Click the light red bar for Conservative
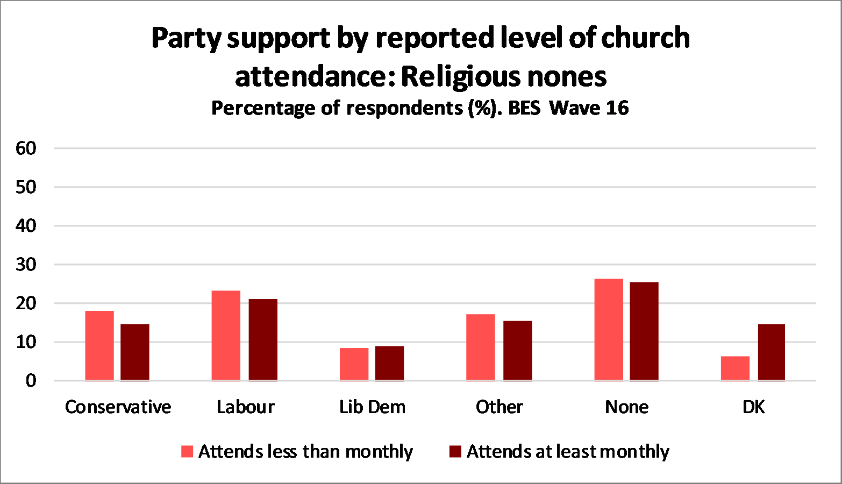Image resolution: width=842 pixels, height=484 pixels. point(99,346)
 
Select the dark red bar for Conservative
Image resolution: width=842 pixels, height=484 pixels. point(135,352)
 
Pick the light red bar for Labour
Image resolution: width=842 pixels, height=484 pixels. point(226,336)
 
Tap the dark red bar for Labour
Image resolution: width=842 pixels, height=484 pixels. point(263,340)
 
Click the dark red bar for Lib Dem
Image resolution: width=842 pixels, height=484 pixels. point(389,364)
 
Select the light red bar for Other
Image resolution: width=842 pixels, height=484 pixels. point(480,347)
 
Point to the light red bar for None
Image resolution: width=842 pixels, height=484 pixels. point(609,330)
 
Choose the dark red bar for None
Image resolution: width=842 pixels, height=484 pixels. point(644,331)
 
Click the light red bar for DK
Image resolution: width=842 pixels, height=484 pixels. point(735,368)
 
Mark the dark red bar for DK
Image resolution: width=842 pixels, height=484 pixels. point(772,352)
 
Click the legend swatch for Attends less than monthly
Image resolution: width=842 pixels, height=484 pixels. point(187,452)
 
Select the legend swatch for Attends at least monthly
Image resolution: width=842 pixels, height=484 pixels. point(455,452)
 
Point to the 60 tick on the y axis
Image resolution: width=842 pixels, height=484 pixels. point(26,148)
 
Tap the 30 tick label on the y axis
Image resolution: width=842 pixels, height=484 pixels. point(26,265)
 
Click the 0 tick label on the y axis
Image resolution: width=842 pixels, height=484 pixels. point(31,381)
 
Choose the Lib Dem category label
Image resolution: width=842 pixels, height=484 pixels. point(372,407)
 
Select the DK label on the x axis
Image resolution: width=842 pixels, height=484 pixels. point(753,407)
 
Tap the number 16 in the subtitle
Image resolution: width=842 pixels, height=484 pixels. point(617,108)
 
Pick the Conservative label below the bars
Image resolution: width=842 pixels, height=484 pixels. point(118,407)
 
